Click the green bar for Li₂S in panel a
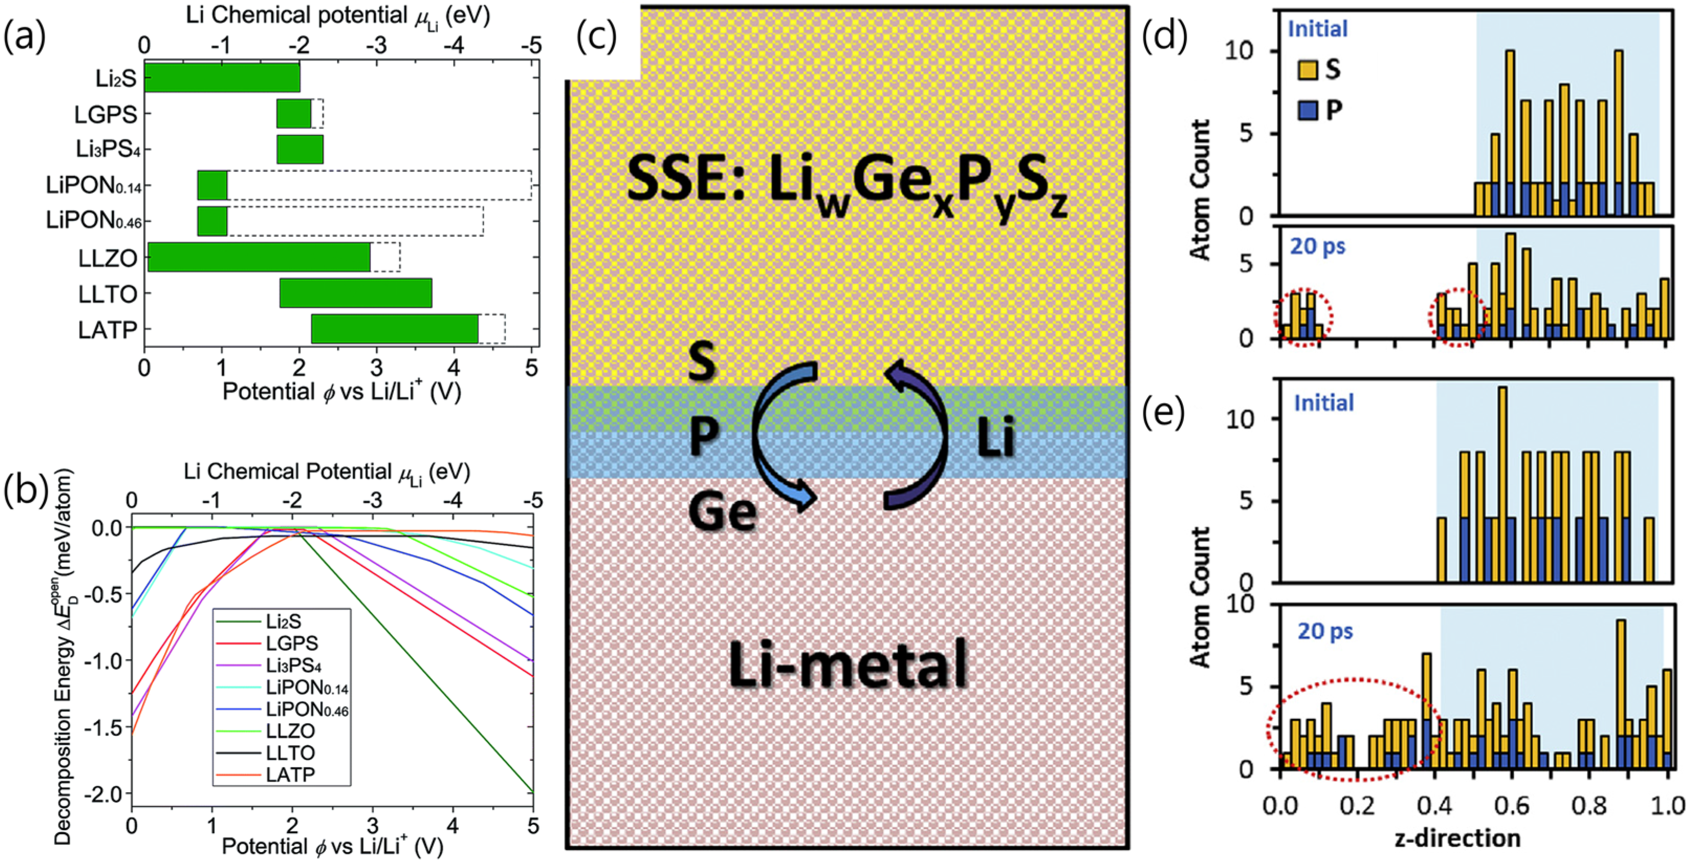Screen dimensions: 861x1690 point(222,78)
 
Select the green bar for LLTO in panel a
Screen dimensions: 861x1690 point(356,293)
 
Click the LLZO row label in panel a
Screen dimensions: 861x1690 point(107,258)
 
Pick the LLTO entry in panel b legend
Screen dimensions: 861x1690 point(290,753)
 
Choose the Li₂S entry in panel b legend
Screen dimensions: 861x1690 point(283,621)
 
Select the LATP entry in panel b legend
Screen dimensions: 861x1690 point(290,775)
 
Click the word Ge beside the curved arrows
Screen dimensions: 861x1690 point(722,513)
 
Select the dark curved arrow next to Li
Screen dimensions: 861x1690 point(918,433)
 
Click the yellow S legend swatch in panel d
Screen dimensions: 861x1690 point(1307,70)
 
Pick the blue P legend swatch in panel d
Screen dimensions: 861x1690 point(1307,110)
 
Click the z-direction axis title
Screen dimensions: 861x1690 point(1457,838)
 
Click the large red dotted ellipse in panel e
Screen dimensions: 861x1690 point(1355,738)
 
